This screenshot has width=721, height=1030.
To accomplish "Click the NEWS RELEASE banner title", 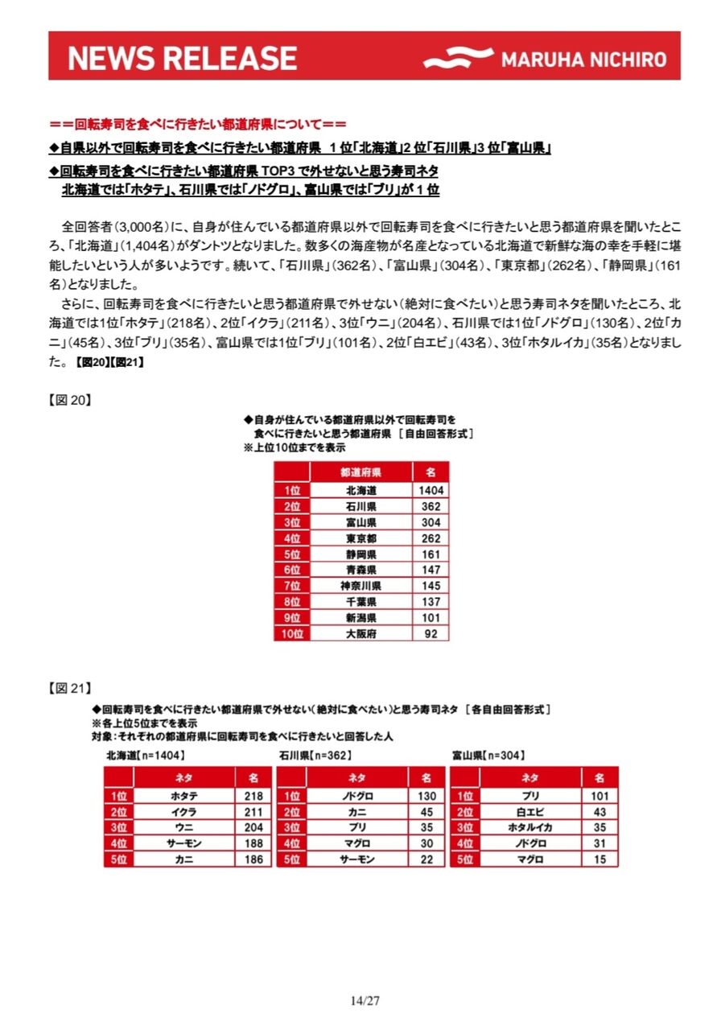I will tap(183, 58).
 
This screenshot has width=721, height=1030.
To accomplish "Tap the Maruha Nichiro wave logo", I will tap(458, 59).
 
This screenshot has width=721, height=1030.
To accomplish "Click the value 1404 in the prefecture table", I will tap(431, 491).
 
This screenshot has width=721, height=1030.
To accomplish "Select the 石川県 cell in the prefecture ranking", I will tap(361, 507).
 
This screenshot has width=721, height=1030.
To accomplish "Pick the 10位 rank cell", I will tap(291, 633).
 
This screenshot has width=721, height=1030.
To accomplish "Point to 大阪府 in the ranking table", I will tap(361, 633).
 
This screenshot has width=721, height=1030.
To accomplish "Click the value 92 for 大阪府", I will tap(431, 633).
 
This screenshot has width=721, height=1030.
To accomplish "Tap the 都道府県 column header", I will tap(361, 472).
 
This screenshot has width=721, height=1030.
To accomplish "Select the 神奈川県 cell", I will tap(361, 586).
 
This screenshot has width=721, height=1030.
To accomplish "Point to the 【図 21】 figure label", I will tap(70, 688).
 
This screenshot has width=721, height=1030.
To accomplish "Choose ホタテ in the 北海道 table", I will tap(184, 796).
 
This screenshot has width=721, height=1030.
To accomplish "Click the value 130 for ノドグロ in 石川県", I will tap(426, 796).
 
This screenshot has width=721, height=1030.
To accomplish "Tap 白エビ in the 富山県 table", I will tap(530, 812).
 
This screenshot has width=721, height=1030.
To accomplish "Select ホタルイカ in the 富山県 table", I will tap(530, 828).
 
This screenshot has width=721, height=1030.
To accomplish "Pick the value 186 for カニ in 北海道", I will tap(253, 859).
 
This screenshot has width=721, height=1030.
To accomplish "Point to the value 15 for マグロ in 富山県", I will tap(599, 859).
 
